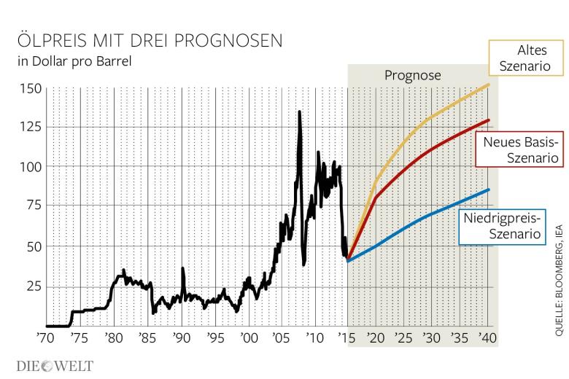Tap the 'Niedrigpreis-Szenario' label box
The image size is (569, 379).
coord(504,226)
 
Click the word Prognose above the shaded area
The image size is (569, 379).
coord(412,75)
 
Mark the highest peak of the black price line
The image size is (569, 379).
coord(299,112)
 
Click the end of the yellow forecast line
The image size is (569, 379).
coord(489,85)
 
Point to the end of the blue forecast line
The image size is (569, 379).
coord(489,189)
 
